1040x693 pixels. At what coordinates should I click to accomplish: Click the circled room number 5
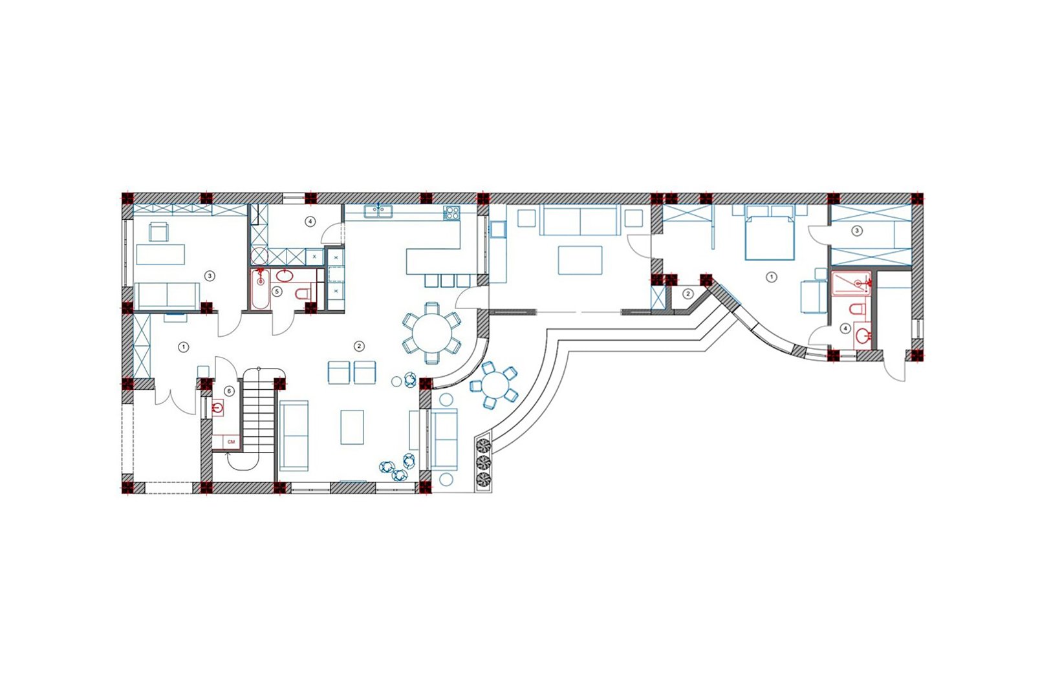tap(277, 292)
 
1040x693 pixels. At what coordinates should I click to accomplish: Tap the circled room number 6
tap(228, 391)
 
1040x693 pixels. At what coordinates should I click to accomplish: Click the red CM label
tap(231, 442)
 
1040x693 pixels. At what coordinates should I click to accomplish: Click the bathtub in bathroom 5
tap(261, 290)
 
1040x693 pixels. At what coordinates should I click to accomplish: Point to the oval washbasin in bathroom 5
tap(285, 276)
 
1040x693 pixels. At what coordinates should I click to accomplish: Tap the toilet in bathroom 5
tap(303, 294)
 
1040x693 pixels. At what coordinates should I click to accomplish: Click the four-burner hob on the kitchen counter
tap(451, 213)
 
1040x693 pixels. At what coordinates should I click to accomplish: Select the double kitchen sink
tap(378, 211)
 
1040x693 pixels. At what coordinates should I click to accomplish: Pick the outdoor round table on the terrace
tap(494, 385)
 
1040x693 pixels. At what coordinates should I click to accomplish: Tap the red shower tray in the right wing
tap(851, 284)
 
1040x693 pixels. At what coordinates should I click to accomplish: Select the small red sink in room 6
tap(217, 408)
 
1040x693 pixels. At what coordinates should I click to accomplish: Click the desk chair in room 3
tap(159, 231)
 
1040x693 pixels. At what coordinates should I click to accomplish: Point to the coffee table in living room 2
tap(352, 427)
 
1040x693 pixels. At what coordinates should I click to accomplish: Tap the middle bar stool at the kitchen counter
tap(448, 281)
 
